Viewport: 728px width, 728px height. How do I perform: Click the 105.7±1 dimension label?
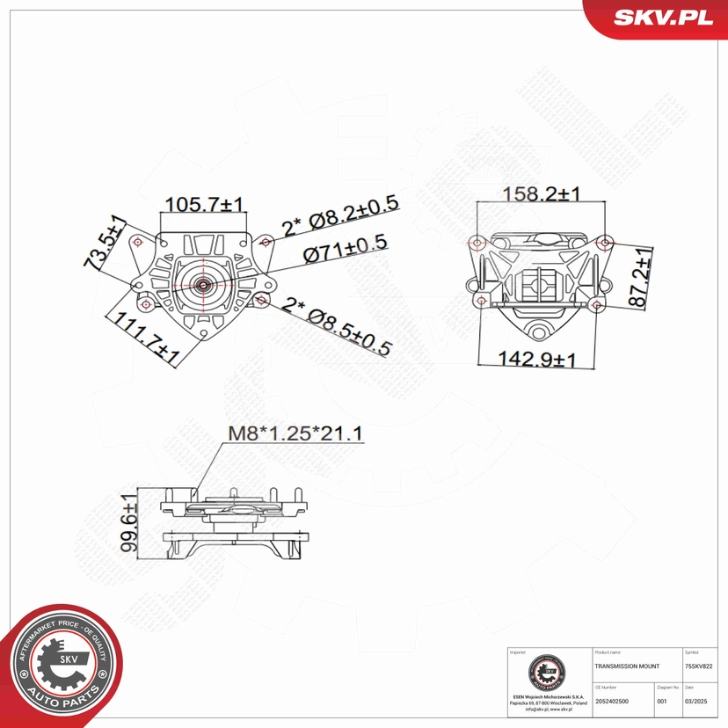[x=205, y=204]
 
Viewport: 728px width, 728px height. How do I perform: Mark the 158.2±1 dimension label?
[x=540, y=193]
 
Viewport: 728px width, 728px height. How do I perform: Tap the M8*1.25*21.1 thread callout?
[x=295, y=433]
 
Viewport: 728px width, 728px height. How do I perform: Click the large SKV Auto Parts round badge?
[x=61, y=667]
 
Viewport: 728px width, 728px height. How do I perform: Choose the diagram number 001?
[x=662, y=702]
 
